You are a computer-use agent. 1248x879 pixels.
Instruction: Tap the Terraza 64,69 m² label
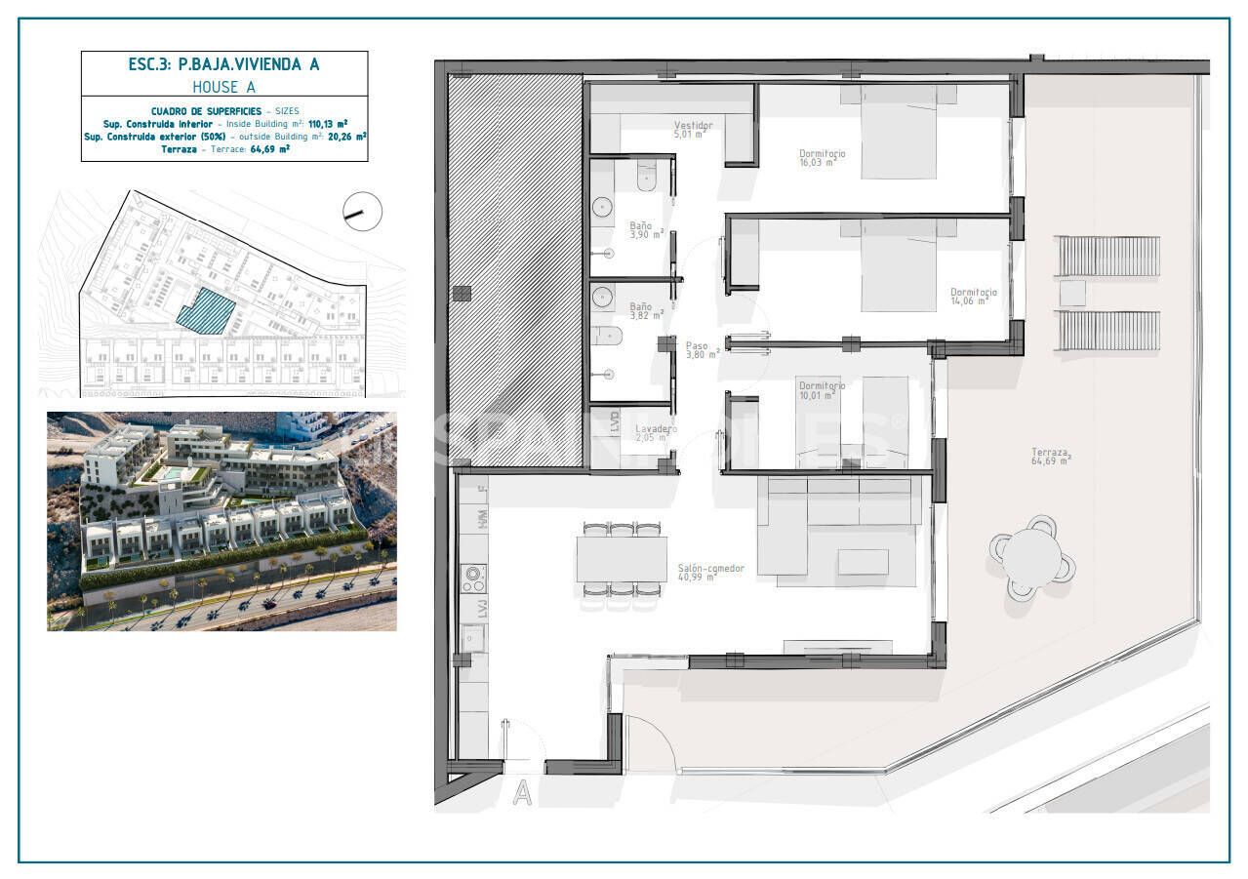tap(1051, 456)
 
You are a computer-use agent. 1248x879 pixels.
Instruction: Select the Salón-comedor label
tap(710, 572)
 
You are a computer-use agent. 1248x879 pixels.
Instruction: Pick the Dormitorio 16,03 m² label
tap(822, 157)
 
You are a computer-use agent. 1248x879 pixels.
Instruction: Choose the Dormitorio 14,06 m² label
tap(973, 296)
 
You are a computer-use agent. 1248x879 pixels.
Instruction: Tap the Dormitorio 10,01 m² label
tap(821, 389)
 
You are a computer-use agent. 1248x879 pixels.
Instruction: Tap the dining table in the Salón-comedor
tap(622, 559)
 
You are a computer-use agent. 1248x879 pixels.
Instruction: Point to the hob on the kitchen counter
tap(474, 579)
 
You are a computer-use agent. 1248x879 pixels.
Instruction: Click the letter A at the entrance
tap(523, 793)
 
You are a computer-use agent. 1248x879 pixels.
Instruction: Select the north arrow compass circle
tap(363, 211)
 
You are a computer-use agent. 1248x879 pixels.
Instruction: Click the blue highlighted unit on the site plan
tap(206, 311)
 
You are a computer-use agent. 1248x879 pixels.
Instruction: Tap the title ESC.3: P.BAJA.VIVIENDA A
tap(223, 64)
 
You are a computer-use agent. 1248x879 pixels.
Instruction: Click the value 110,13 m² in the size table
tap(328, 124)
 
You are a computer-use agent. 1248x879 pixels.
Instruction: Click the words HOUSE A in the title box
tap(223, 87)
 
